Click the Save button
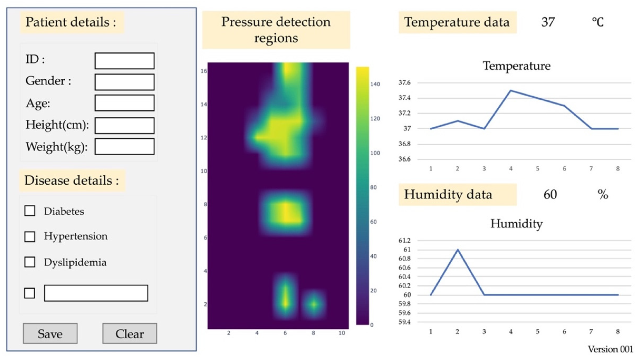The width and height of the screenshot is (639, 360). [50, 333]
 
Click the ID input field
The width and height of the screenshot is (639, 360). [124, 61]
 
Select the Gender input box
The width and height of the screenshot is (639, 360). [124, 82]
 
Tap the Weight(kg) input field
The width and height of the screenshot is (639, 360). [124, 146]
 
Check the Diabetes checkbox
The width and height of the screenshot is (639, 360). [30, 211]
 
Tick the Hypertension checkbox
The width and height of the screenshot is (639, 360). [30, 236]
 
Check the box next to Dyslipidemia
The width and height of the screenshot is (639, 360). [30, 262]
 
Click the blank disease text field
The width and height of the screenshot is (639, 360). [96, 293]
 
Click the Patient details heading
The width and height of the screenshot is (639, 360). [71, 22]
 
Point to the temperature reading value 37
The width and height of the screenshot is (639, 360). [548, 22]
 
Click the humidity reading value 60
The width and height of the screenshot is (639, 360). [550, 195]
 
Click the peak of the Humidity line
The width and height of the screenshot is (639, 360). [458, 250]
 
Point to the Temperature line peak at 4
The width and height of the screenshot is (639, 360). [511, 90]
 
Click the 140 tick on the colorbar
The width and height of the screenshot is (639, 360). [375, 84]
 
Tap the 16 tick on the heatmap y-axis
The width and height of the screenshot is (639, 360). [204, 71]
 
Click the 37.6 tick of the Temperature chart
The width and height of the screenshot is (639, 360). [405, 83]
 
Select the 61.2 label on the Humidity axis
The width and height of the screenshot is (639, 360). [405, 241]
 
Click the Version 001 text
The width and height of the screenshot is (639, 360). [610, 349]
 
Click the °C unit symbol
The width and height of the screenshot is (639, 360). [597, 22]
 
